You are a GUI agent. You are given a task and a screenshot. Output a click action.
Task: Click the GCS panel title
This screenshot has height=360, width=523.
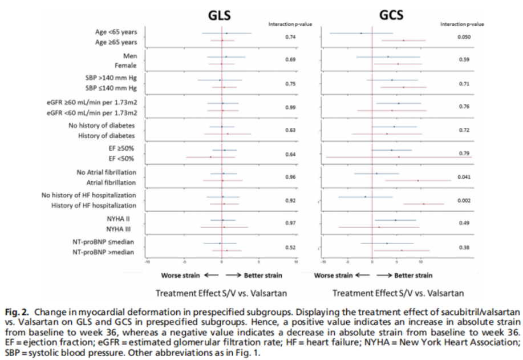(x=391, y=15)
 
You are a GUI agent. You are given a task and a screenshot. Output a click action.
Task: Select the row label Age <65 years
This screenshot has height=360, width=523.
(x=116, y=33)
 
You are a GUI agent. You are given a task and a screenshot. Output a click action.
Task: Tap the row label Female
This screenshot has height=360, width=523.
(x=125, y=66)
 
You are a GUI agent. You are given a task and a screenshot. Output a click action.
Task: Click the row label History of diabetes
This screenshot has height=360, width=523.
(x=107, y=136)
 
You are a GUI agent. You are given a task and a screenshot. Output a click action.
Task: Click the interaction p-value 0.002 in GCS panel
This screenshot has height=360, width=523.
(x=463, y=201)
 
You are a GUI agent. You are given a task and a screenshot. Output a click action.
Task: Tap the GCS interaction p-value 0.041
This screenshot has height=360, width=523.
(x=463, y=177)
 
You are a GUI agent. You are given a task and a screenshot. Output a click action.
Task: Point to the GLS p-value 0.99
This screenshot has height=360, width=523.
(x=290, y=107)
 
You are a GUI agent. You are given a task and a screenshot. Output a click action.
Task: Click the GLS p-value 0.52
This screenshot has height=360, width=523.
(x=290, y=248)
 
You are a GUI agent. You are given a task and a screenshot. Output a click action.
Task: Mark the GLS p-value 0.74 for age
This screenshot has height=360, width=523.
(x=290, y=37)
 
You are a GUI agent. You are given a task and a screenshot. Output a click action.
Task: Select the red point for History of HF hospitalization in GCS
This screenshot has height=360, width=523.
(x=424, y=204)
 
